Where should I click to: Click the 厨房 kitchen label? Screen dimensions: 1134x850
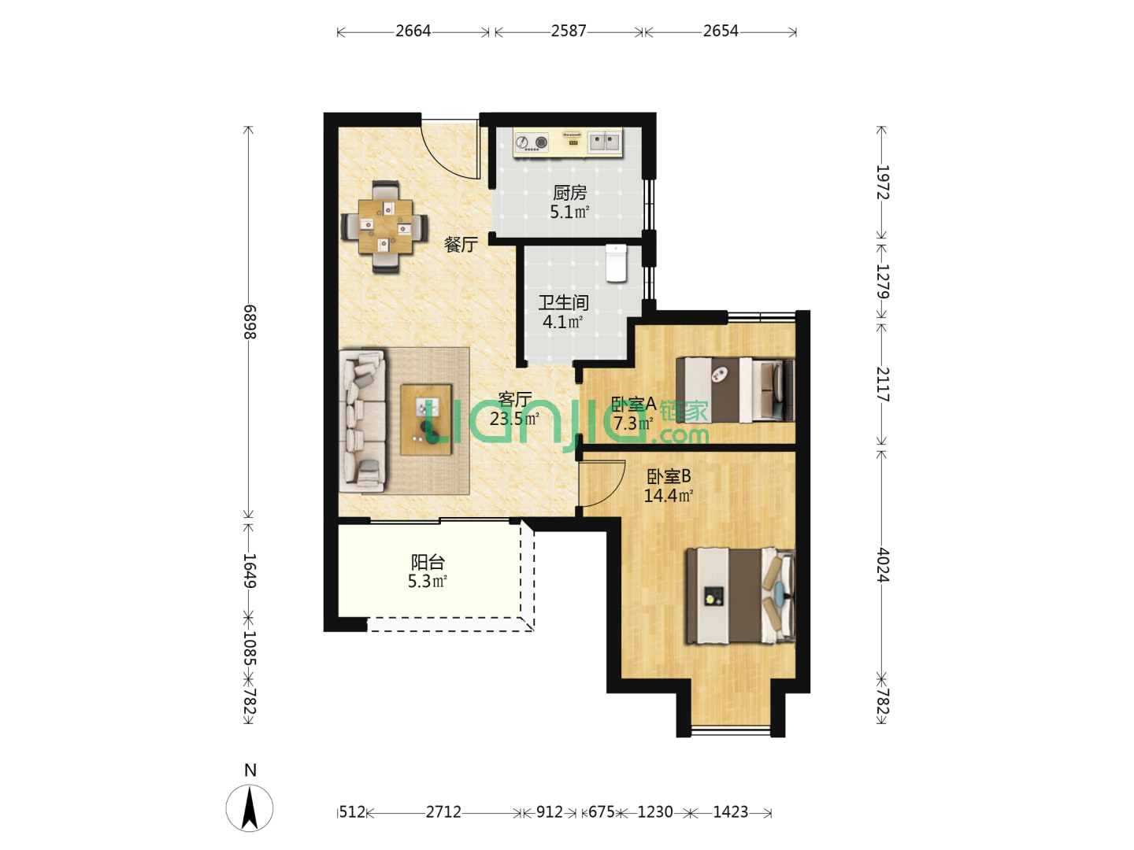569,193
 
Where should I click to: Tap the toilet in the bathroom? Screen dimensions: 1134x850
616,263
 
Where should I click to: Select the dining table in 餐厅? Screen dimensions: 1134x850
385,227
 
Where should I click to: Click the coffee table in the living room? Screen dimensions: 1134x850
426,419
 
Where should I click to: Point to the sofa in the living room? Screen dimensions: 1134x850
362,421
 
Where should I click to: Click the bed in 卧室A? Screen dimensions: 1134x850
735,390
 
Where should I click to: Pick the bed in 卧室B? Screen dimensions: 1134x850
740,596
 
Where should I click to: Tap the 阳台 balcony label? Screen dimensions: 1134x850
428,561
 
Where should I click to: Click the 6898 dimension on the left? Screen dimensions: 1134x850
250,322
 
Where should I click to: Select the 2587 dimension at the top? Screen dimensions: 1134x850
569,31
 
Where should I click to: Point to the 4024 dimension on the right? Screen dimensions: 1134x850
883,565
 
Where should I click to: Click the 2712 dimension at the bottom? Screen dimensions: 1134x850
443,811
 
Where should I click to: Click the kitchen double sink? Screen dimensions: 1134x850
605,141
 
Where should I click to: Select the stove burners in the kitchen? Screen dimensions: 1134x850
531,142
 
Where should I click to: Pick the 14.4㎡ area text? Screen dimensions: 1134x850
668,496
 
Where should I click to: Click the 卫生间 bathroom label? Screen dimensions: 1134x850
564,302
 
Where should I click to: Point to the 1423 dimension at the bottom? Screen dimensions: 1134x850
731,811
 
